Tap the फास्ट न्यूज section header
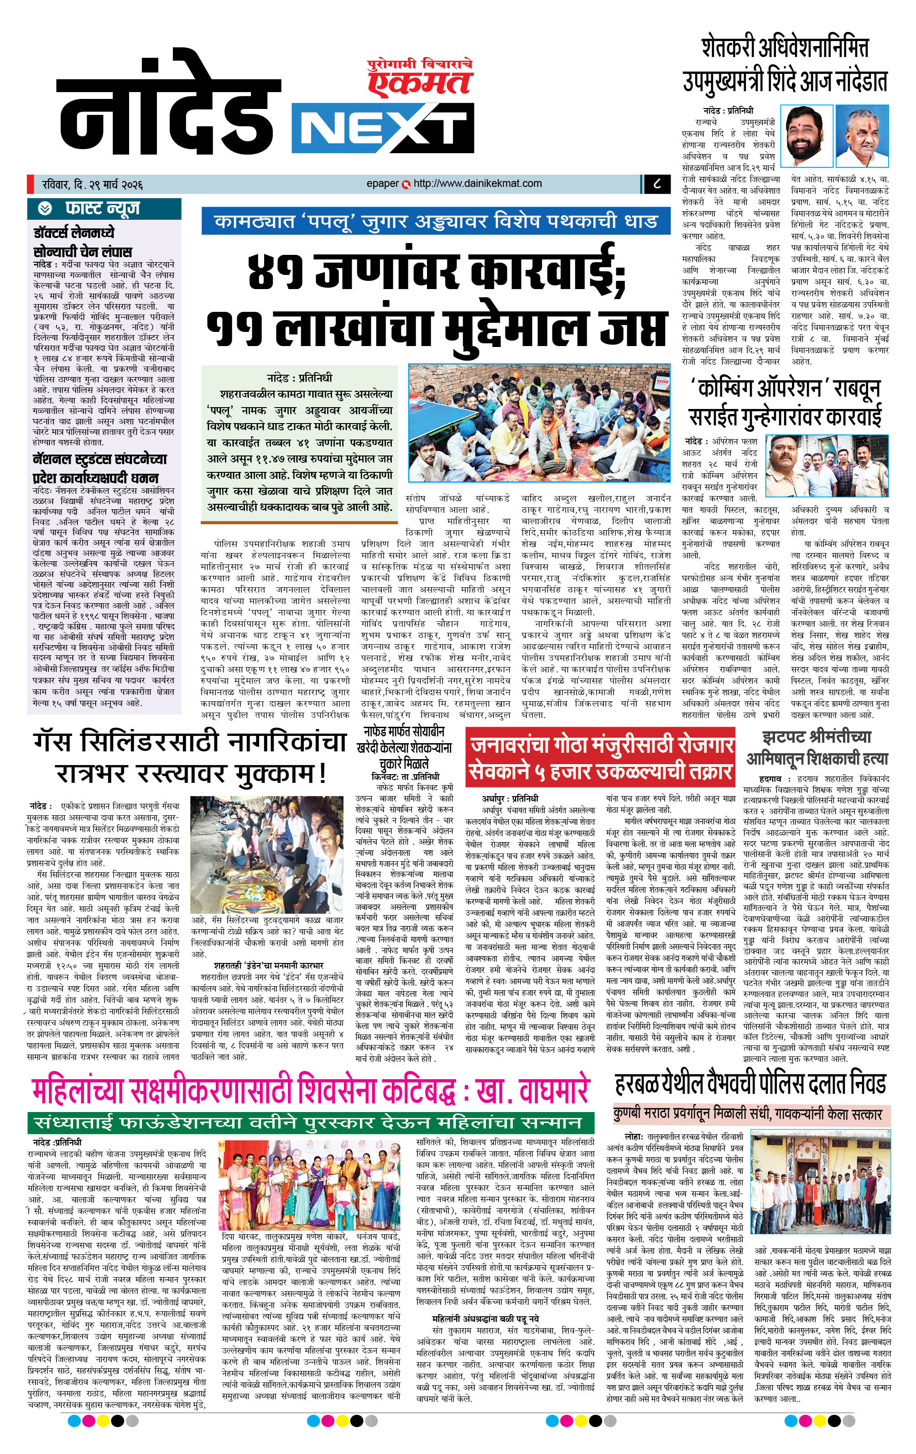103,209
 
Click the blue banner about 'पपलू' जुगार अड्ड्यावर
436,222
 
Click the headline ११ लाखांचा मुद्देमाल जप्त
436,330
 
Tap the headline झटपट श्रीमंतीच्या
816,737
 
